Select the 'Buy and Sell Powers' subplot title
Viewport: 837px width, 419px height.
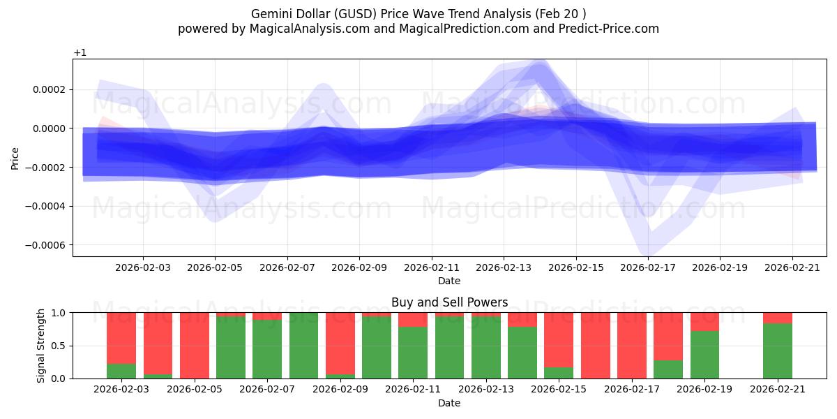tap(449, 302)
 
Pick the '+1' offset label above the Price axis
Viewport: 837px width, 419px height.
tap(80, 53)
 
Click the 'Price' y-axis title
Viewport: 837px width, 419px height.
tap(15, 158)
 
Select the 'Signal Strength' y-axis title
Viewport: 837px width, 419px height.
tap(41, 345)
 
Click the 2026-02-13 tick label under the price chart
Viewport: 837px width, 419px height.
tap(504, 267)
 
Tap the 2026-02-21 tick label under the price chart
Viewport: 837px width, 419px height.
tap(792, 267)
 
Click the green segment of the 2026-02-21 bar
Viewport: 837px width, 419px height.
tap(777, 351)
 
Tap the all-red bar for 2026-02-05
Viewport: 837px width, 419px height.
tap(195, 346)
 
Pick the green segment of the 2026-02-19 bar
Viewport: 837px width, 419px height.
tap(704, 355)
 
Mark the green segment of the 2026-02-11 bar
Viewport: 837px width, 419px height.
tap(413, 353)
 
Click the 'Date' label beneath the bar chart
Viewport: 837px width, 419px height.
tap(449, 403)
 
